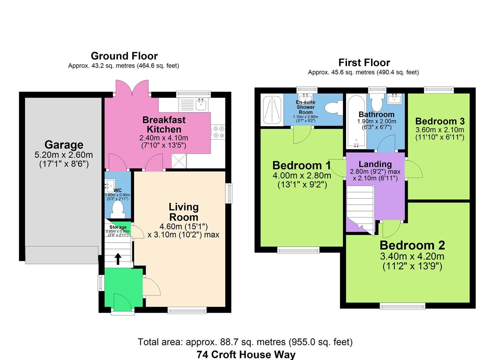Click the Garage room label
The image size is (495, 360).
click(x=64, y=145)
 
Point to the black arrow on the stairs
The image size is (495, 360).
click(x=118, y=258)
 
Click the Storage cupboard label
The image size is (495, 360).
click(x=118, y=227)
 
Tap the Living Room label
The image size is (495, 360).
click(x=184, y=212)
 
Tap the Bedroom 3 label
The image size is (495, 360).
click(x=440, y=121)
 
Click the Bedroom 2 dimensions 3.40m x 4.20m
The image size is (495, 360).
click(x=412, y=256)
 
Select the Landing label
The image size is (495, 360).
click(x=375, y=164)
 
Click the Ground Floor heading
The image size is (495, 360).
click(x=124, y=56)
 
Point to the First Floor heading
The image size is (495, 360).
click(x=364, y=62)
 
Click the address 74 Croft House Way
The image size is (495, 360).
click(x=246, y=354)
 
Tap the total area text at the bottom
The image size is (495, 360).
click(x=245, y=342)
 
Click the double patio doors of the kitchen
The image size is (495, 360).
click(x=132, y=88)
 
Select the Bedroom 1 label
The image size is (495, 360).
click(x=301, y=165)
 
